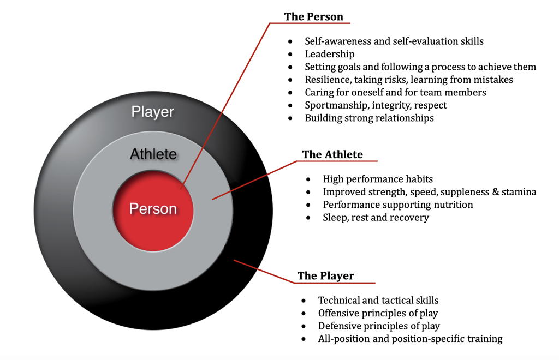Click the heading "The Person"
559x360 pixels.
click(313, 16)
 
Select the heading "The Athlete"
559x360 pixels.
click(332, 154)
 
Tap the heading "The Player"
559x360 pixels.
click(325, 275)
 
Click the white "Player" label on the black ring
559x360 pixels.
click(153, 112)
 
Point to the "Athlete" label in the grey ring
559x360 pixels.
click(153, 154)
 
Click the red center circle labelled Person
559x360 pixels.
click(153, 209)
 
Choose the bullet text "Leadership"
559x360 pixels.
click(330, 54)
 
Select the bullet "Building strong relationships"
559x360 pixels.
click(369, 118)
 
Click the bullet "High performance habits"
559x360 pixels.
click(378, 179)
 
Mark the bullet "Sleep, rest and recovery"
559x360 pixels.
click(376, 218)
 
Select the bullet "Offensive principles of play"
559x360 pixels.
click(378, 313)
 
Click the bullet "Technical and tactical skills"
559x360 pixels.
click(378, 300)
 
